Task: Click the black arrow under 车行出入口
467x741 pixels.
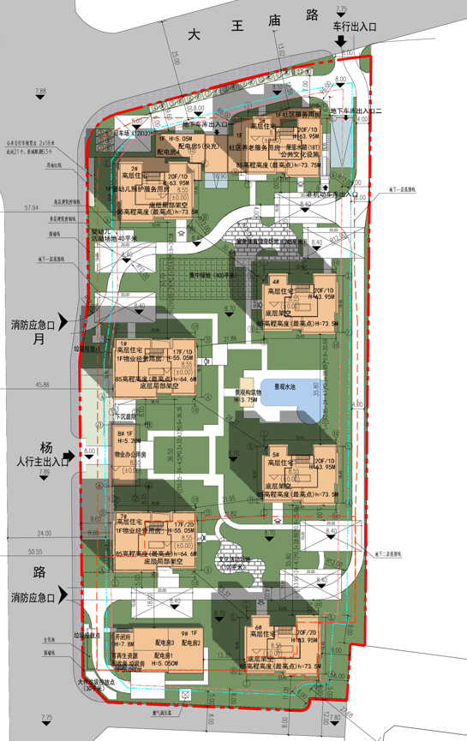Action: click(x=342, y=40)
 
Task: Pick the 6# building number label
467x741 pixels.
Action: click(x=257, y=628)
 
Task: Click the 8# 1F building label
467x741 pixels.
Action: click(x=127, y=434)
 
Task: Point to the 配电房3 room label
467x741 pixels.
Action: click(x=165, y=642)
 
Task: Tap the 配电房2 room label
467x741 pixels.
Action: click(x=192, y=642)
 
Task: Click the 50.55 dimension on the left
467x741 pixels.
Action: click(x=34, y=552)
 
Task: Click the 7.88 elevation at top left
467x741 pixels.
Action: click(x=40, y=90)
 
